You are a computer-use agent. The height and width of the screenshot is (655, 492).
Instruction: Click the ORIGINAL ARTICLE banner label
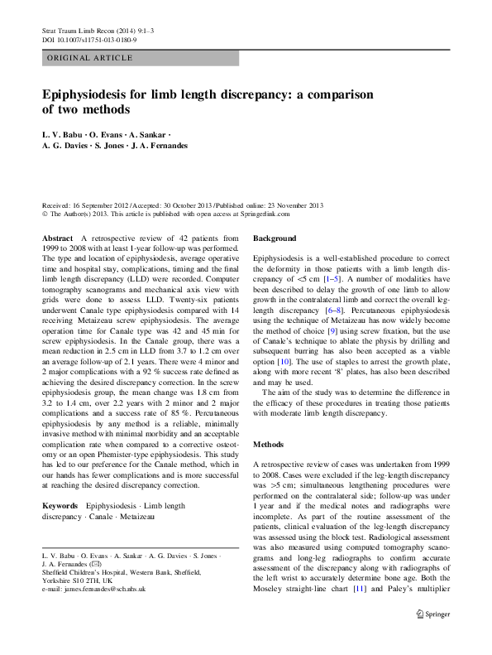pyautogui.click(x=89, y=58)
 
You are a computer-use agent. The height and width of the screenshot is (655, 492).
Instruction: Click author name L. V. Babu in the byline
pyautogui.click(x=62, y=133)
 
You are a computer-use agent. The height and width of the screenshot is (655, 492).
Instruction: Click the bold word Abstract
pyautogui.click(x=57, y=238)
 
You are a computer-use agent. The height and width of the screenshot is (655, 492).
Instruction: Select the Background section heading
pyautogui.click(x=275, y=238)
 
